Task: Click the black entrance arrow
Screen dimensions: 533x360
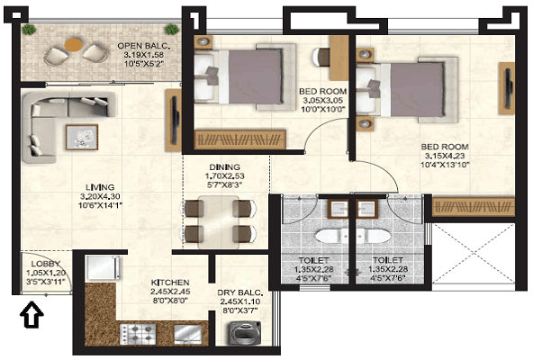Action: [x=32, y=314]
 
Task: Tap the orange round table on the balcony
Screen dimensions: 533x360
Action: [x=74, y=45]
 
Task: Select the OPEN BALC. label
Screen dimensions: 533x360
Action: [x=144, y=46]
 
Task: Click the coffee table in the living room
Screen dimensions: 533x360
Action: [x=82, y=137]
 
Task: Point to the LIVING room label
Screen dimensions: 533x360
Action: [x=100, y=187]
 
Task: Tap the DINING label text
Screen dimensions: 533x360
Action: [x=225, y=167]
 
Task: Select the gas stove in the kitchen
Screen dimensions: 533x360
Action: [x=138, y=333]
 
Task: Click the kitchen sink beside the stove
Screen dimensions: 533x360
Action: [x=188, y=334]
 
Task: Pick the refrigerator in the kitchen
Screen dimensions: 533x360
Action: [x=103, y=268]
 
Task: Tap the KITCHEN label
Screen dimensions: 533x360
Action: [x=170, y=283]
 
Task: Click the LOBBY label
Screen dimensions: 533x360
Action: [x=46, y=264]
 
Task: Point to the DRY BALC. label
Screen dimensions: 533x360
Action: [x=240, y=292]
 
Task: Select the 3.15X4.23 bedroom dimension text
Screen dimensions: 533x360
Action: [x=445, y=156]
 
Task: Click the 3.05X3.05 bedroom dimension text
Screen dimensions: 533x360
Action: [x=323, y=100]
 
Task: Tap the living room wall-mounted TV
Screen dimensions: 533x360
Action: [x=175, y=120]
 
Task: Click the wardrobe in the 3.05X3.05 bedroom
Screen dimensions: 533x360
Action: [x=239, y=139]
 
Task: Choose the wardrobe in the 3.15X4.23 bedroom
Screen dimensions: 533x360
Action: [x=474, y=206]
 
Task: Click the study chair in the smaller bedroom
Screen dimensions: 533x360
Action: [x=321, y=57]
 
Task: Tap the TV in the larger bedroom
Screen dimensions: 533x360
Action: [x=508, y=88]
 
